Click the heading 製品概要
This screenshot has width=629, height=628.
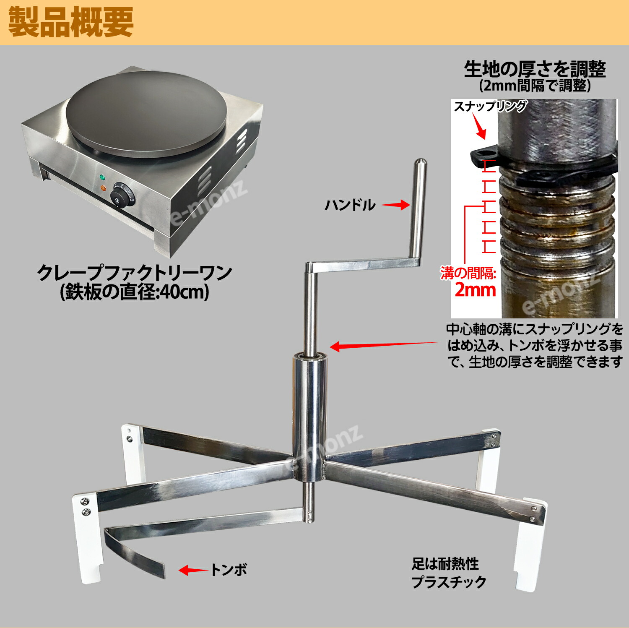point(70,23)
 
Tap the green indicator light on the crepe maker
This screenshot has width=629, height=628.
point(102,177)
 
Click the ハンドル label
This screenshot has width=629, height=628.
point(350,205)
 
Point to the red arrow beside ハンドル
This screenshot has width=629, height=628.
point(395,205)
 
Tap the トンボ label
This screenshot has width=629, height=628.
point(229,570)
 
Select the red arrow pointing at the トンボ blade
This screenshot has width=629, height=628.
point(193,570)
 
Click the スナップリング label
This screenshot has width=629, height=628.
point(490,106)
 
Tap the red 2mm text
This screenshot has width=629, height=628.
point(475,290)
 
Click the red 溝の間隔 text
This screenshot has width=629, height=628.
point(468,273)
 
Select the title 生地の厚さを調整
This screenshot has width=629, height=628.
point(535,69)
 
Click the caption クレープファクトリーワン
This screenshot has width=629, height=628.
point(134,273)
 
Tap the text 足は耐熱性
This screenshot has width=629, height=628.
point(445,563)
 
